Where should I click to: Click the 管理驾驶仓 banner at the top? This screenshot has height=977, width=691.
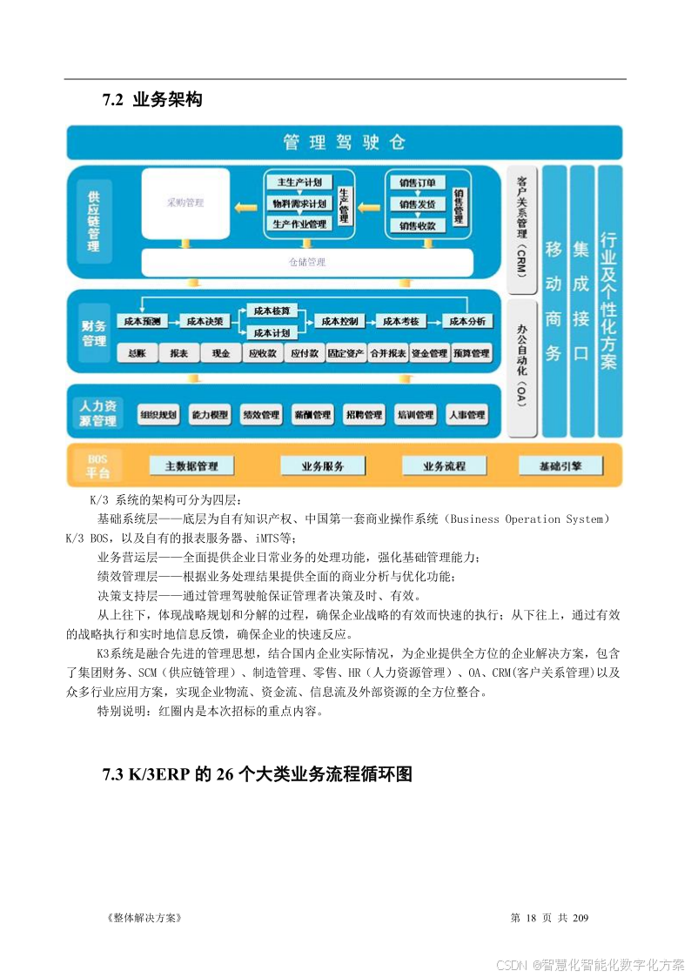pyautogui.click(x=345, y=142)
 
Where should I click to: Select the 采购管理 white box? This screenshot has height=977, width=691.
pyautogui.click(x=185, y=203)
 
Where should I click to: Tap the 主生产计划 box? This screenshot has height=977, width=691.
pyautogui.click(x=299, y=183)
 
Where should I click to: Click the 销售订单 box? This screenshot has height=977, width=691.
pyautogui.click(x=417, y=183)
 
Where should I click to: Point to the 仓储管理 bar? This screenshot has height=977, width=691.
pyautogui.click(x=307, y=261)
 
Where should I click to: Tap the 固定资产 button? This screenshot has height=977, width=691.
pyautogui.click(x=345, y=353)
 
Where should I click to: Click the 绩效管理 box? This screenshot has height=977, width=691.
pyautogui.click(x=260, y=415)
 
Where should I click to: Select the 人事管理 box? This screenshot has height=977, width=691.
pyautogui.click(x=466, y=415)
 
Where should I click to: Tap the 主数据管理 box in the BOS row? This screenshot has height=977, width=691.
pyautogui.click(x=191, y=466)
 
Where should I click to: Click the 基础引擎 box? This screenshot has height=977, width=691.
pyautogui.click(x=560, y=466)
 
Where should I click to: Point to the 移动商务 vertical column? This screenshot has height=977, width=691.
pyautogui.click(x=553, y=301)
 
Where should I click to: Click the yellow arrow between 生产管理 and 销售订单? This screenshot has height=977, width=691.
pyautogui.click(x=369, y=206)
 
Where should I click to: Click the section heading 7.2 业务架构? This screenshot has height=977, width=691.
pyautogui.click(x=152, y=100)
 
